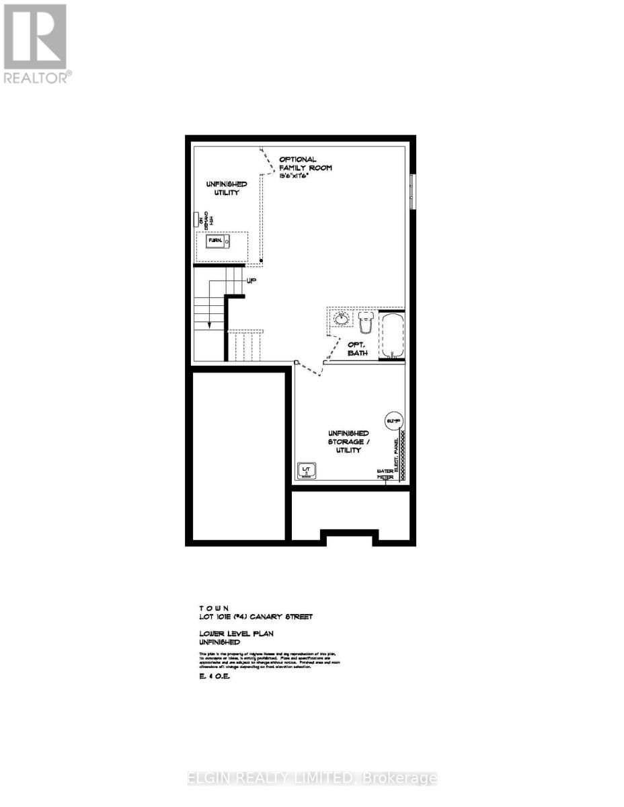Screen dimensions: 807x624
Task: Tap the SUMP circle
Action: (x=393, y=421)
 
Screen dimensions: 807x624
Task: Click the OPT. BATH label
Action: (x=357, y=348)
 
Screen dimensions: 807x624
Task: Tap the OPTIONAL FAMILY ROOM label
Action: (x=305, y=163)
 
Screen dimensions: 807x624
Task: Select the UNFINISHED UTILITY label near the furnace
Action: (x=226, y=188)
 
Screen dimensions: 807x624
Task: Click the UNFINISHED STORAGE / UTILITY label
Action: (x=348, y=441)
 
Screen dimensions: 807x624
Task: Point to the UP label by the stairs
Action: (x=251, y=281)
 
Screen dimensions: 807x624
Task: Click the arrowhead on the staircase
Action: (x=209, y=324)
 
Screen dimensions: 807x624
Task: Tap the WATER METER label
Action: (x=385, y=473)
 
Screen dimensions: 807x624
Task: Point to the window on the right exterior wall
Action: (x=412, y=192)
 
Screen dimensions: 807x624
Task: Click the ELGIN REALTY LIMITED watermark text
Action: (x=312, y=779)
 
